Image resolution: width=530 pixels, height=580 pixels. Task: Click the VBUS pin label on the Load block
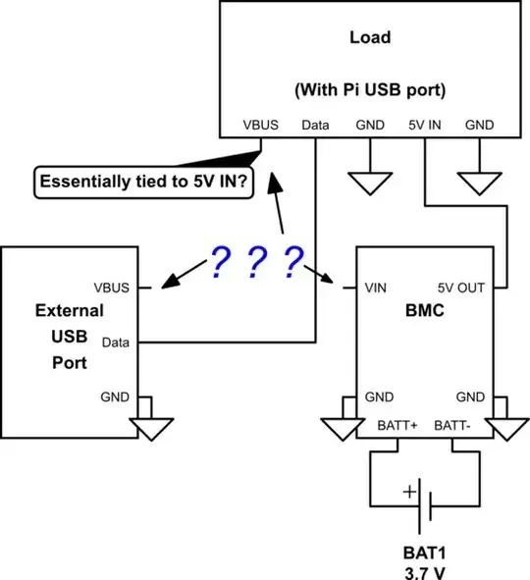(261, 126)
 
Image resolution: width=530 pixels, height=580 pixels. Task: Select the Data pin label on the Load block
(315, 126)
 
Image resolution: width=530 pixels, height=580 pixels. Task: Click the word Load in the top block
(369, 38)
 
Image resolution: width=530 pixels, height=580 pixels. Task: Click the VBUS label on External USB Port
(110, 289)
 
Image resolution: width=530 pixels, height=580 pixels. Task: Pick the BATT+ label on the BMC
(397, 425)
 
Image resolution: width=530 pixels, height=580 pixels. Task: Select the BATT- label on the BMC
(455, 425)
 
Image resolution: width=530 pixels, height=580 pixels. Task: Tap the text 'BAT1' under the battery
(426, 552)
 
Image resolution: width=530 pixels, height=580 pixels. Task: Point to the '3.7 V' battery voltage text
(426, 569)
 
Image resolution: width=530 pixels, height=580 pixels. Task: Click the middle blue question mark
(257, 262)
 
